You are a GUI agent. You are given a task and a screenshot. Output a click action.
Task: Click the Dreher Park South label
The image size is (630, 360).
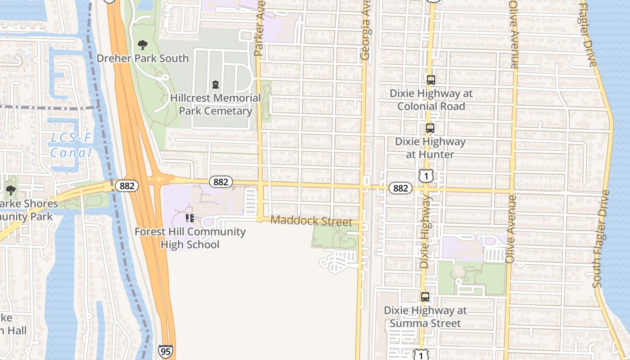click(143, 58)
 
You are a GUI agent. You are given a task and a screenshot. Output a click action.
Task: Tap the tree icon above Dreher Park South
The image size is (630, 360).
click(143, 45)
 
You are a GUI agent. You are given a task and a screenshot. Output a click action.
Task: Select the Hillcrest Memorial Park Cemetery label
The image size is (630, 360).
click(215, 104)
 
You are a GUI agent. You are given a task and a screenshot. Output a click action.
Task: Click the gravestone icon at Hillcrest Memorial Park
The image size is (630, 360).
click(215, 84)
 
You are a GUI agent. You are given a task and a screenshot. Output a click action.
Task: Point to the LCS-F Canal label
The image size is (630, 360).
click(71, 145)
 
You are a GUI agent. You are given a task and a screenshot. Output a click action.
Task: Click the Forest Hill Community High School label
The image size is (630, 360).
click(190, 238)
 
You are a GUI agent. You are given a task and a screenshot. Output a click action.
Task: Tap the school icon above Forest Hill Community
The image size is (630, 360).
click(190, 218)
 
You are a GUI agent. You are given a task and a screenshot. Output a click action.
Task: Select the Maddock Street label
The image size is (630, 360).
click(311, 221)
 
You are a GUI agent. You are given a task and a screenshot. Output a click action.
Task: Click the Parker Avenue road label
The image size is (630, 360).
click(259, 28)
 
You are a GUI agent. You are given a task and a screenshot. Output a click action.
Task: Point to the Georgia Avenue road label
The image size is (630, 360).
click(365, 31)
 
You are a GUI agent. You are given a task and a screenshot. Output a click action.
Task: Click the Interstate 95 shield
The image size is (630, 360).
click(165, 351)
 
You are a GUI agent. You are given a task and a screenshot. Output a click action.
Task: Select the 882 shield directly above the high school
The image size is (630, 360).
click(220, 182)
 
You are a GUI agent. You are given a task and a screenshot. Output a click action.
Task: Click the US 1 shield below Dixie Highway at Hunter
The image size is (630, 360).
click(426, 176)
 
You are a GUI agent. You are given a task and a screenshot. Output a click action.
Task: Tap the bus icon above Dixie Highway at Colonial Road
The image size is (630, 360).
click(431, 80)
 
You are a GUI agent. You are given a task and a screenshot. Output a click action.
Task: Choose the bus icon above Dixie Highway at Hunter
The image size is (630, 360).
click(430, 128)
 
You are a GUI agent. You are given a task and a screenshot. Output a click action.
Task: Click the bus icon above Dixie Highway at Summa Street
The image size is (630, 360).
click(425, 297)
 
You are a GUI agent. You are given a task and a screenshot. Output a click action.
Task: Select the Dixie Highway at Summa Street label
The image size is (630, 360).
click(425, 317)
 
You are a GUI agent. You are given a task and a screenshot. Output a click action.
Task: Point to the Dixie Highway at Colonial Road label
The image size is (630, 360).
click(431, 100)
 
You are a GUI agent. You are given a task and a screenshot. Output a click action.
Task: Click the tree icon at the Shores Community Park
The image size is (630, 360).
click(10, 190)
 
